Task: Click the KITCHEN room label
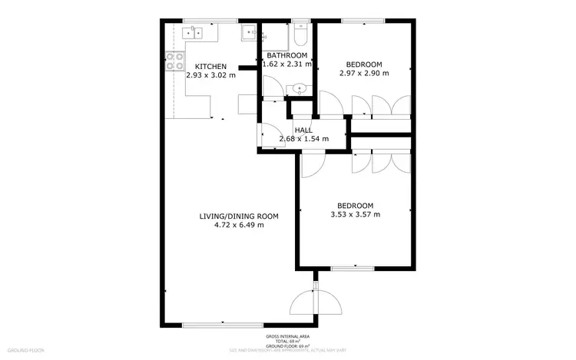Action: pyautogui.click(x=210, y=66)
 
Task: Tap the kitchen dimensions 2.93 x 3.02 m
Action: pyautogui.click(x=210, y=75)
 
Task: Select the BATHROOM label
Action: pyautogui.click(x=287, y=56)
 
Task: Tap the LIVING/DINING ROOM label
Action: pyautogui.click(x=239, y=216)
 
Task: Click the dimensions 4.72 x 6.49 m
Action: pyautogui.click(x=239, y=226)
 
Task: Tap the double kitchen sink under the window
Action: pyautogui.click(x=193, y=31)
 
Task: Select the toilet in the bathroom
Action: pyautogui.click(x=302, y=35)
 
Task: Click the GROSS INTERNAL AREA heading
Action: pyautogui.click(x=287, y=337)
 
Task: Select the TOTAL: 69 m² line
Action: pyautogui.click(x=287, y=342)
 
